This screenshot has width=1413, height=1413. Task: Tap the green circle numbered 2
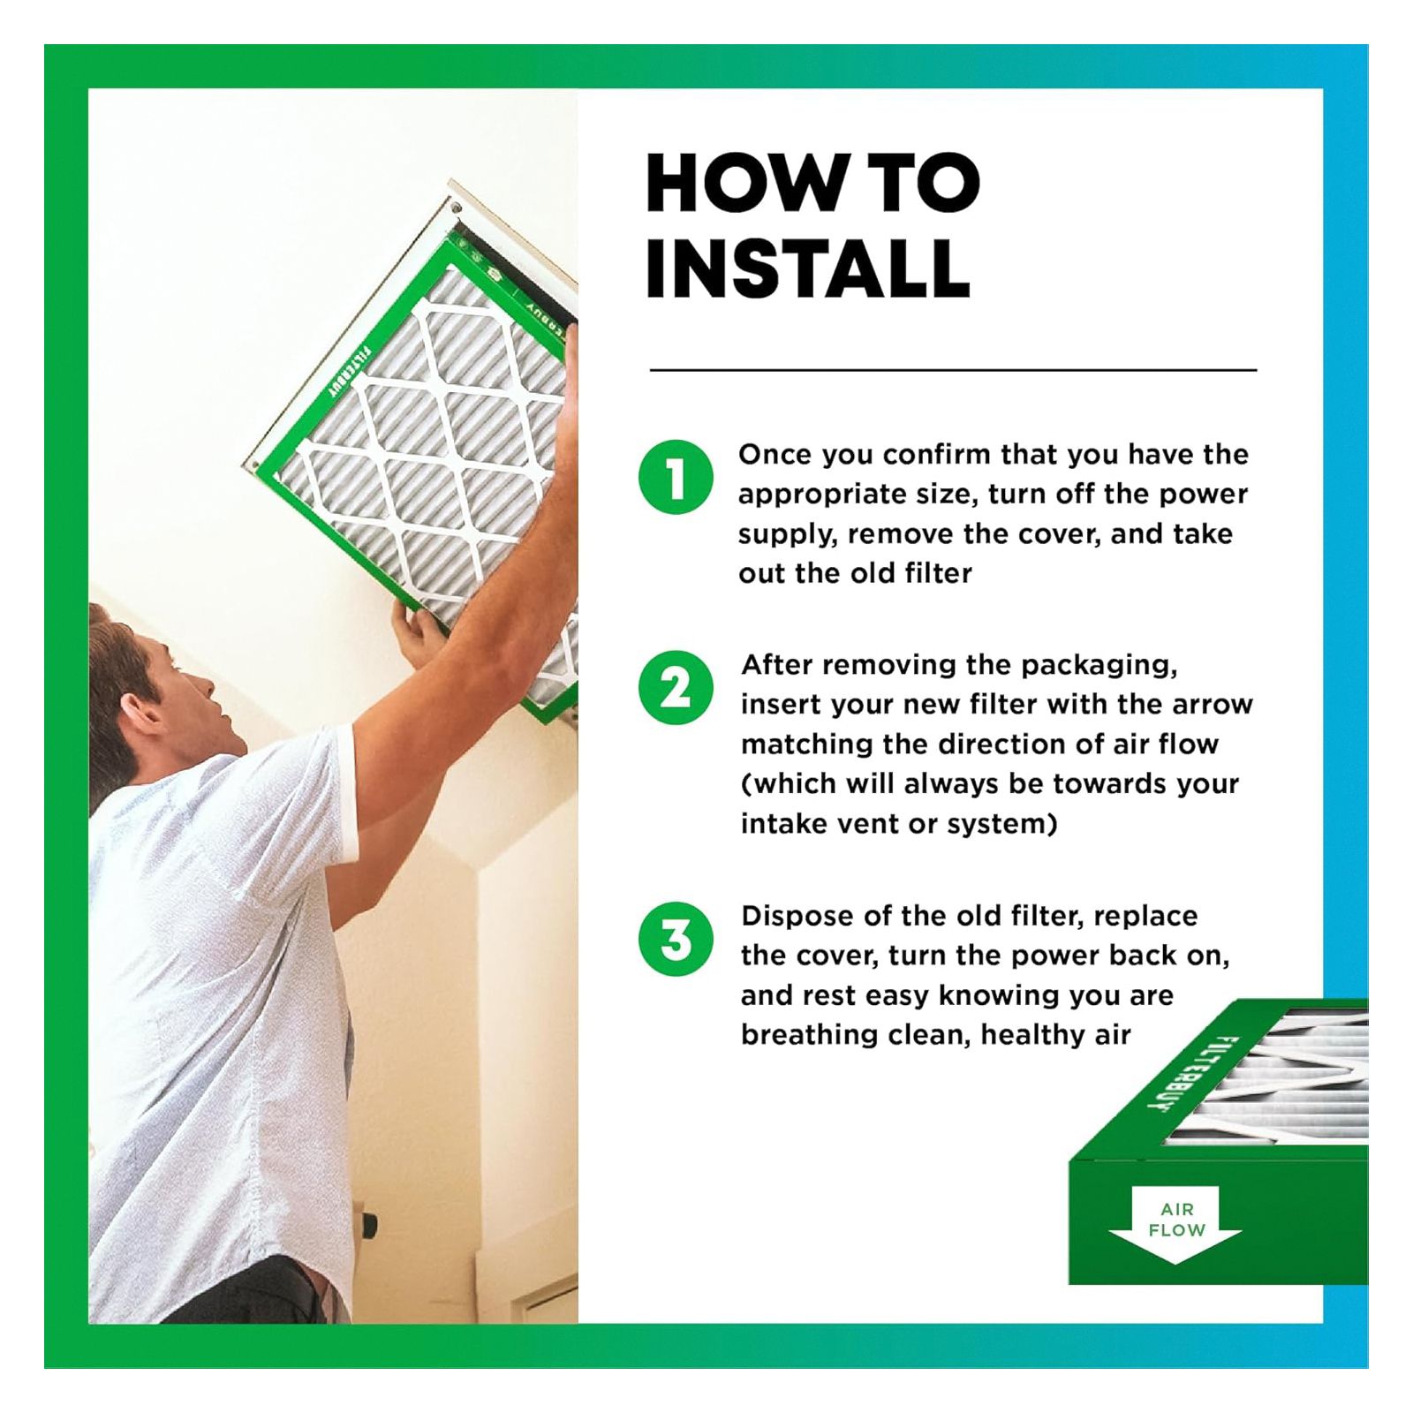tap(676, 688)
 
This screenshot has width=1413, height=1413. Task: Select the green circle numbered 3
tap(676, 939)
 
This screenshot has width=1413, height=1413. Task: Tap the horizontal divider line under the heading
tap(953, 370)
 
